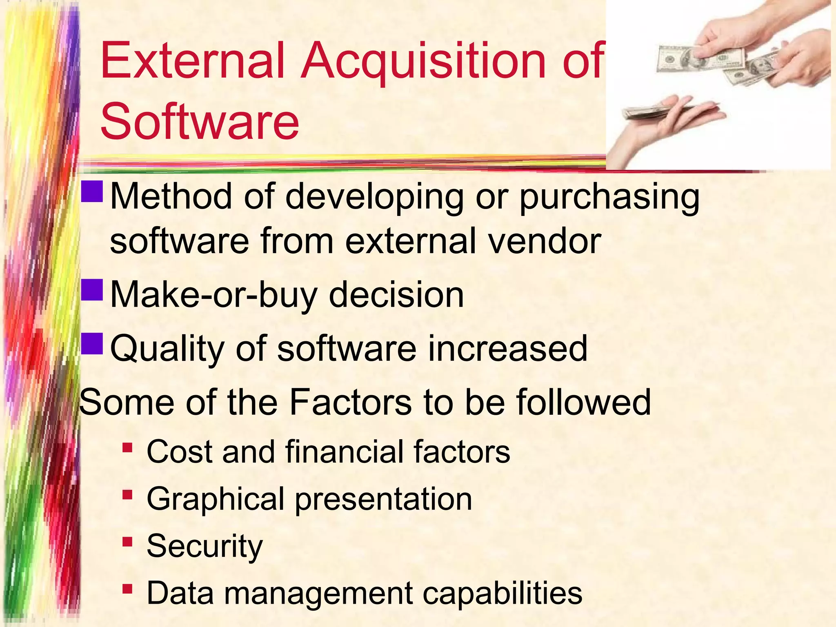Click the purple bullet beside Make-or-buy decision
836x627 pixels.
pyautogui.click(x=92, y=290)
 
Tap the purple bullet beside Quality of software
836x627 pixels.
pyautogui.click(x=92, y=344)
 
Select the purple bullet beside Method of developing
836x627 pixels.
pyautogui.click(x=92, y=192)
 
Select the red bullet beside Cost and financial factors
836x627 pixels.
pyautogui.click(x=127, y=448)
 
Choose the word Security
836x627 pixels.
pyautogui.click(x=205, y=546)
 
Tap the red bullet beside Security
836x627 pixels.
pyautogui.click(x=127, y=542)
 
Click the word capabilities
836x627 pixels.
pyautogui.click(x=502, y=593)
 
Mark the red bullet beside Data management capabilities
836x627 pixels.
pyautogui.click(x=127, y=589)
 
